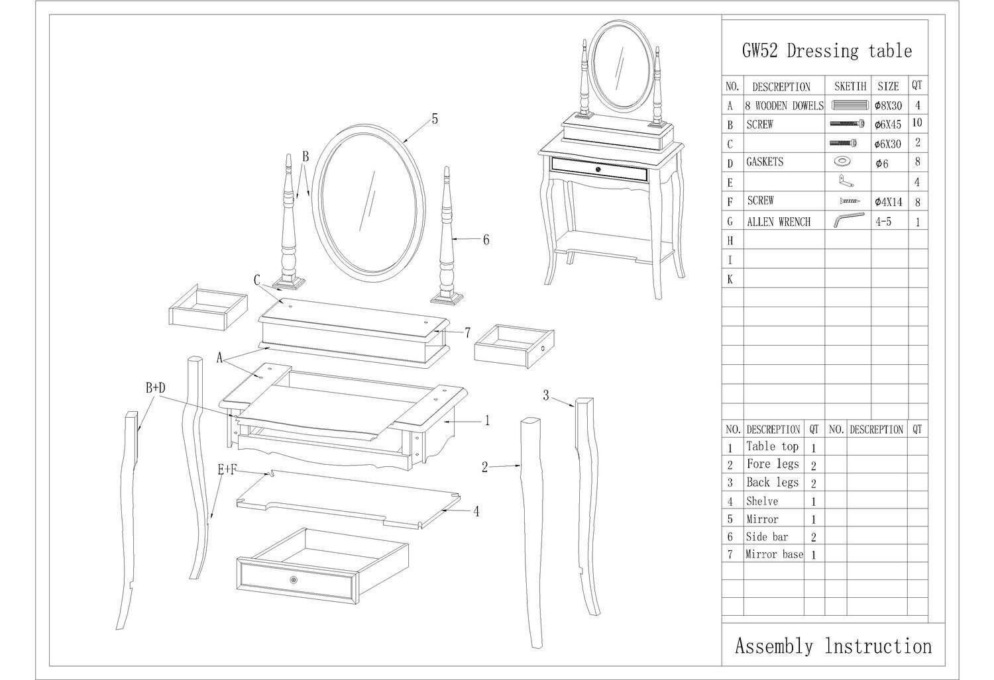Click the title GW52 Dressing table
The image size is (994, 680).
click(x=827, y=51)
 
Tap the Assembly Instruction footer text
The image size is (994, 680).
click(x=834, y=646)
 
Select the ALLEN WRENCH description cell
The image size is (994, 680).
click(x=779, y=222)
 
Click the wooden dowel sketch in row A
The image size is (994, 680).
click(x=850, y=105)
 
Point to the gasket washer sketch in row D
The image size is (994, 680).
click(x=840, y=161)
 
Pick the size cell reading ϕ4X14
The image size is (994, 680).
click(x=889, y=202)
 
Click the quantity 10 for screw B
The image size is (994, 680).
click(x=916, y=122)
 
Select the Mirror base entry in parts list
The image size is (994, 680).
click(x=775, y=554)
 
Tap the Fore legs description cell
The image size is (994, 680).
click(x=773, y=464)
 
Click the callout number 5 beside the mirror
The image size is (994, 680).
click(x=435, y=119)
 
